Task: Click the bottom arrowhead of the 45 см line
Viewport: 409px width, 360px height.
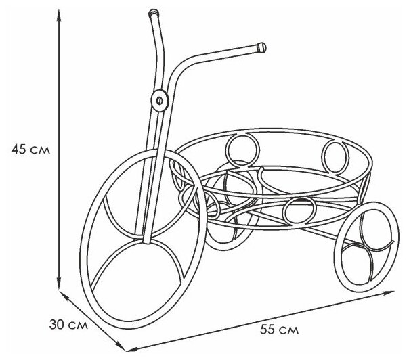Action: (60, 287)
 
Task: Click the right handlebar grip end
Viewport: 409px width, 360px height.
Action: (262, 48)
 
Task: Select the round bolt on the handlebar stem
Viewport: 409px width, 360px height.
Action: (160, 99)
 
